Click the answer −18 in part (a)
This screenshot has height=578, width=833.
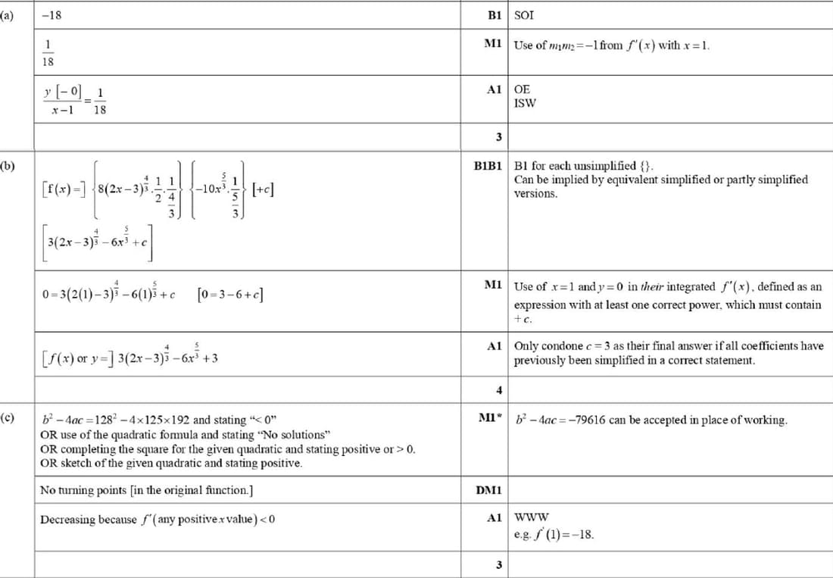[x=51, y=14]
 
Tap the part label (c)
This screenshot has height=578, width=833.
[x=7, y=417]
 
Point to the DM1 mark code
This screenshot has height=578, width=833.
[x=489, y=491]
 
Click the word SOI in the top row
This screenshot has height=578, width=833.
[x=524, y=14]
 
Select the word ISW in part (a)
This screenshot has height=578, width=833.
[x=525, y=103]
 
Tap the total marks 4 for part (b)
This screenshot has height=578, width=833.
[x=498, y=391]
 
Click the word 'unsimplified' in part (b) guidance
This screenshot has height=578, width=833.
[x=603, y=166]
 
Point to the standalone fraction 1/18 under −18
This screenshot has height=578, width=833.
[x=51, y=53]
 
